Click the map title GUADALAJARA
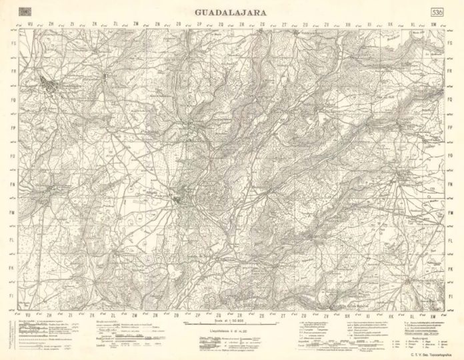pyautogui.click(x=232, y=11)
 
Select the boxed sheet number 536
pyautogui.click(x=437, y=13)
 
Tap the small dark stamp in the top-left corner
pyautogui.click(x=25, y=12)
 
